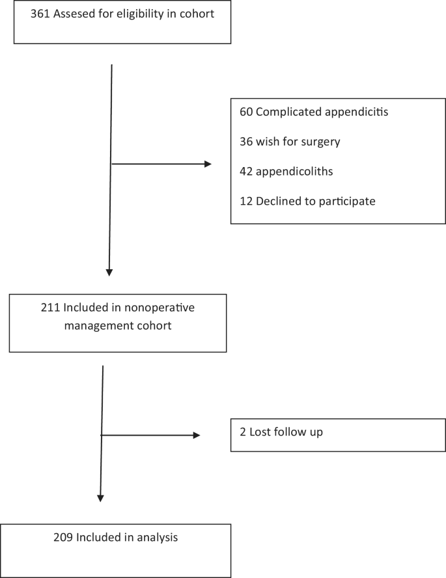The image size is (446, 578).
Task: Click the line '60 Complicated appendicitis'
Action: (x=314, y=112)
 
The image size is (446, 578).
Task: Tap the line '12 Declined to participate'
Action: (x=307, y=202)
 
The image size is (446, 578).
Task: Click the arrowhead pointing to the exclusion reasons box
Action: (x=208, y=164)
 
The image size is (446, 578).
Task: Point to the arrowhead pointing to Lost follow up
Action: (x=196, y=435)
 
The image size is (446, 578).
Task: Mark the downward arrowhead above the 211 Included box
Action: (x=109, y=272)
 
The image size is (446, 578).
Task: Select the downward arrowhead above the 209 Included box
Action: (x=100, y=497)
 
